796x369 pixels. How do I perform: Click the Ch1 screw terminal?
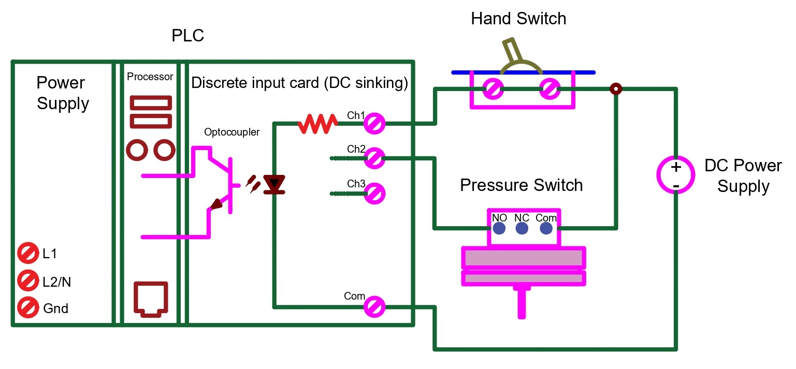[373, 124]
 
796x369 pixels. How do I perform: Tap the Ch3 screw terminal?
[373, 194]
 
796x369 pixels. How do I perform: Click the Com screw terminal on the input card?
[373, 307]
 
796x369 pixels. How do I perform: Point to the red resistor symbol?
[317, 124]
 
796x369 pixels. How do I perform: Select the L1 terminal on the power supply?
[26, 254]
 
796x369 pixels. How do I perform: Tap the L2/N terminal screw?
[26, 282]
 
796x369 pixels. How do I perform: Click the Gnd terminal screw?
[26, 308]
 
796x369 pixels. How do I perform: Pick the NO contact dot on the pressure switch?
[499, 228]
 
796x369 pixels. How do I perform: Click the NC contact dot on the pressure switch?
[522, 228]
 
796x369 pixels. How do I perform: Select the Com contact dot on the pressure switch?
[546, 228]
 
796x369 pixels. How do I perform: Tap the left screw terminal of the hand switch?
[493, 90]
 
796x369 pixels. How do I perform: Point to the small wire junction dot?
[615, 89]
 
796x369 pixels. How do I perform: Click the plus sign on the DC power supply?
[676, 167]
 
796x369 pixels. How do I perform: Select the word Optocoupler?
[232, 132]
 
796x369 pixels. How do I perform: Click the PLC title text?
[187, 36]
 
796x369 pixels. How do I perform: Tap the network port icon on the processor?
[151, 299]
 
